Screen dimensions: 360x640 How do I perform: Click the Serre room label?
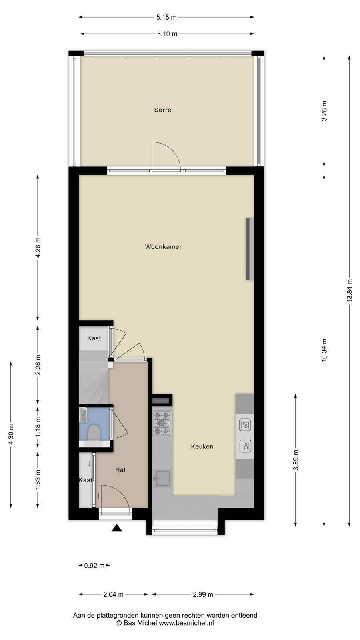(x=162, y=110)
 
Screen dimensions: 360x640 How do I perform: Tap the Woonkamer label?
(x=163, y=246)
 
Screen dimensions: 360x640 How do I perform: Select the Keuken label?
(x=202, y=446)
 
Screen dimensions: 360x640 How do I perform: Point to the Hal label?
(x=120, y=470)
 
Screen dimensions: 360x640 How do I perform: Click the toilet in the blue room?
(x=93, y=432)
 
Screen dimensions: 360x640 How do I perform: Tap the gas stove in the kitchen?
(x=162, y=423)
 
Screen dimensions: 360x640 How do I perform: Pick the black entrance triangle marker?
(x=116, y=528)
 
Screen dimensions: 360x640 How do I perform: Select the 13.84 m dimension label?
(x=350, y=290)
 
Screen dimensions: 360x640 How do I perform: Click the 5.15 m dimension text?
(x=166, y=17)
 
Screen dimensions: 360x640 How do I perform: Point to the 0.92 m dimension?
(x=94, y=566)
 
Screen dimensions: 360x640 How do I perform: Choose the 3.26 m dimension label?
(x=324, y=111)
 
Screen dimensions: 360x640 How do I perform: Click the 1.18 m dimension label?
(x=38, y=426)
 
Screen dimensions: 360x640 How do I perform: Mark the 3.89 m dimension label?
(x=296, y=460)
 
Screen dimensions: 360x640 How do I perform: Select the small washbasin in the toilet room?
(x=83, y=414)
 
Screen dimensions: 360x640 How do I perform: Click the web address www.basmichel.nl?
(x=186, y=623)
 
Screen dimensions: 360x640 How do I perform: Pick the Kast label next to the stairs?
(x=94, y=338)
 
